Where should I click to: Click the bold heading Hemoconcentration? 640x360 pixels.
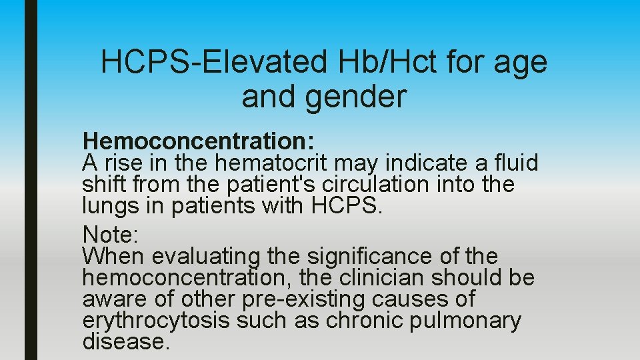pyautogui.click(x=199, y=141)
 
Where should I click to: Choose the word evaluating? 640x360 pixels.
pyautogui.click(x=206, y=257)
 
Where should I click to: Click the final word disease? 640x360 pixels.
pyautogui.click(x=126, y=342)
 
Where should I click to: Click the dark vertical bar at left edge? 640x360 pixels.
pyautogui.click(x=31, y=180)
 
